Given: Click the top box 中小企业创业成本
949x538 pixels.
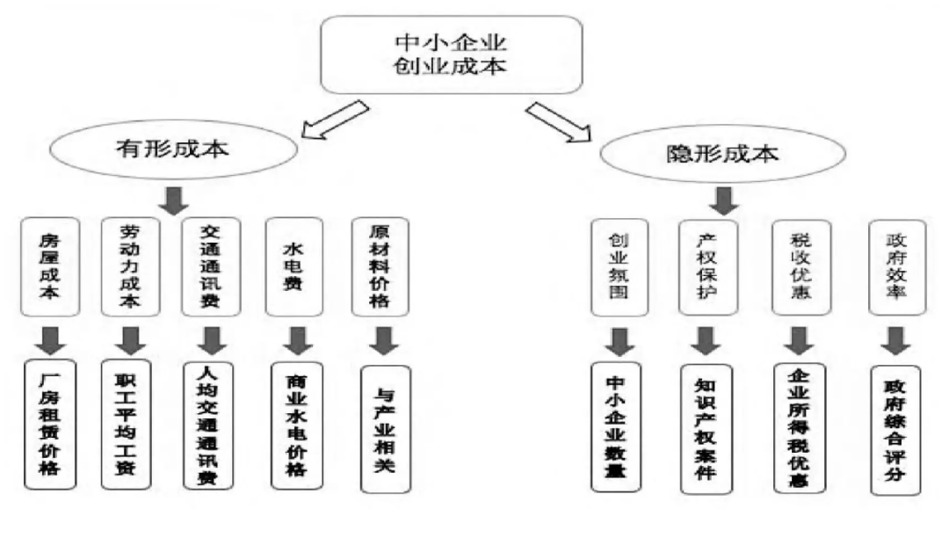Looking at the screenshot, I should click(x=450, y=54).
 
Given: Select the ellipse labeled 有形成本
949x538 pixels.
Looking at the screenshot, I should click(x=172, y=149).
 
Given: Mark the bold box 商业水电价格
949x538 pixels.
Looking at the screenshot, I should click(x=296, y=424).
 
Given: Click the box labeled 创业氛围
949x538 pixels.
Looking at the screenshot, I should click(x=618, y=268).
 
